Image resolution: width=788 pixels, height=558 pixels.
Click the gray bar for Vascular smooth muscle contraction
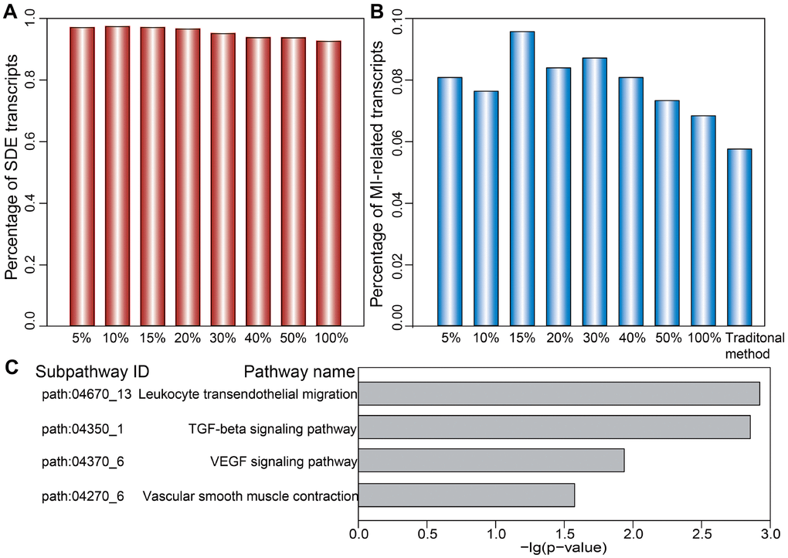(x=467, y=495)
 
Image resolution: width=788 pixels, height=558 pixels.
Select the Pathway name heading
(x=299, y=373)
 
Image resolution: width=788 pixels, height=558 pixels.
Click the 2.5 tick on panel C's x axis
(x=701, y=533)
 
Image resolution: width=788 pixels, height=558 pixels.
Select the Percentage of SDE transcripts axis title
(x=13, y=174)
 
